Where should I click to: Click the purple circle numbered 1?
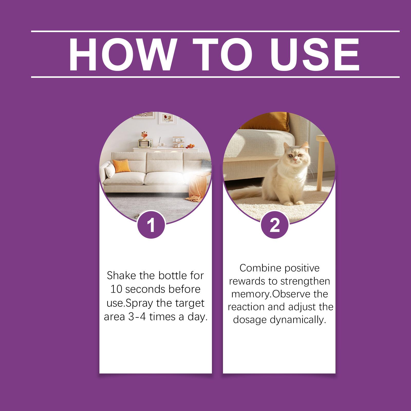click(x=151, y=225)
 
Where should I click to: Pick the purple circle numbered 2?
click(x=275, y=225)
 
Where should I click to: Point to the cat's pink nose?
click(x=295, y=160)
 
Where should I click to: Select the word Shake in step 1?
click(x=122, y=276)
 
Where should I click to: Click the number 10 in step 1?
click(x=116, y=289)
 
